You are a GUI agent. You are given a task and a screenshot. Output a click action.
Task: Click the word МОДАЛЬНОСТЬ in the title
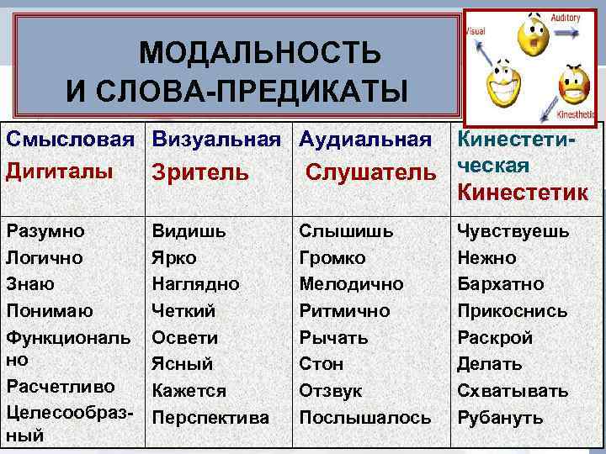(259, 54)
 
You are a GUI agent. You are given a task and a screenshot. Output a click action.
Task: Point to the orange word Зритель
(200, 172)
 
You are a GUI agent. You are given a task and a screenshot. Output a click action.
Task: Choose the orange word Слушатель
(371, 172)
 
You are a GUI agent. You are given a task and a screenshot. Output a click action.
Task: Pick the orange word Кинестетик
(523, 191)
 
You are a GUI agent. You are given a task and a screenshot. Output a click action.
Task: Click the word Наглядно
(195, 284)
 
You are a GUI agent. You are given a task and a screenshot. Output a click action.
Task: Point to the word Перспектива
(210, 418)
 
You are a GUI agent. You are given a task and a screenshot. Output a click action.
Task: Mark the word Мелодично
(351, 284)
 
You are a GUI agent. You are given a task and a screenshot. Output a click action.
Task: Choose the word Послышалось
(365, 418)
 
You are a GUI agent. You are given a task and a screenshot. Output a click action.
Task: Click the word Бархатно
(501, 284)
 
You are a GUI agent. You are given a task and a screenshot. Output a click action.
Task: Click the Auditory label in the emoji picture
(566, 17)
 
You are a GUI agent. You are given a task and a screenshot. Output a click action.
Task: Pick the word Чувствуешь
(513, 230)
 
